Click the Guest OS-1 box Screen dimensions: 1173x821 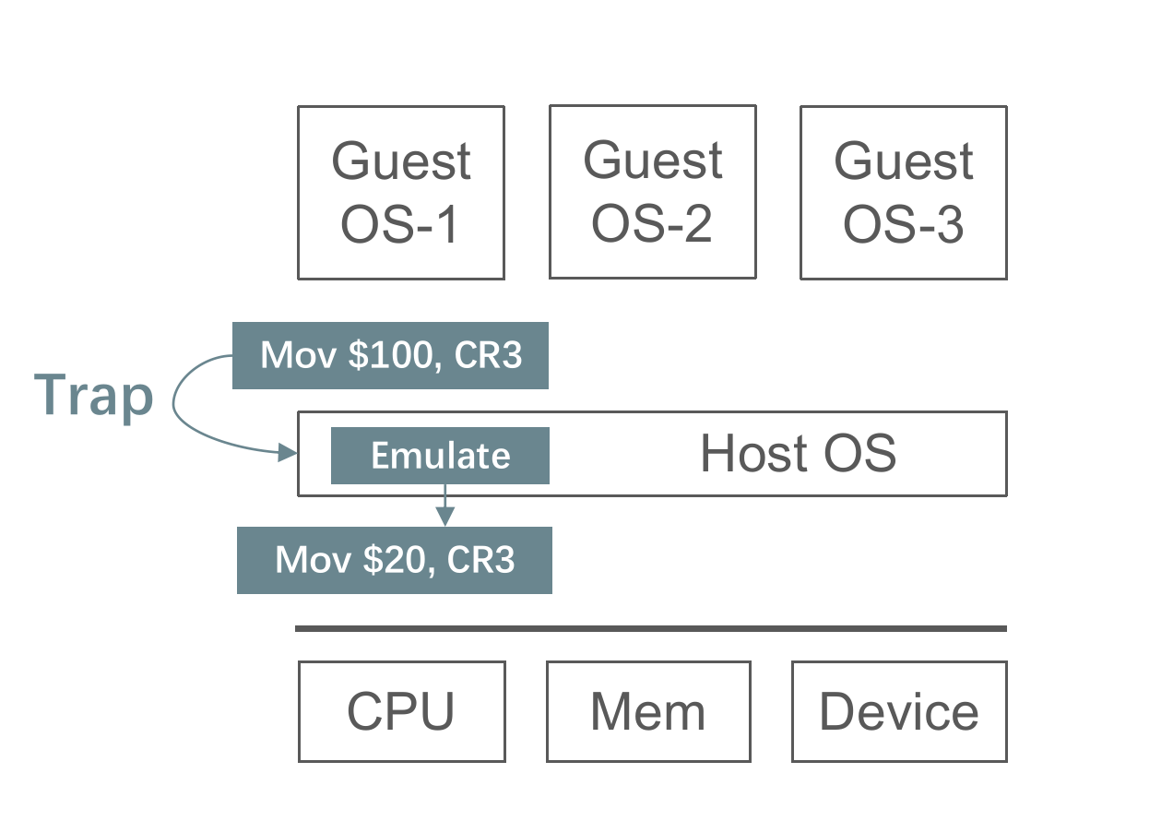tap(401, 193)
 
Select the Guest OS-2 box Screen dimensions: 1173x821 tap(653, 192)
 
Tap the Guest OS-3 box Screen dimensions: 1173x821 tap(904, 193)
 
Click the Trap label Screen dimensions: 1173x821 tap(93, 395)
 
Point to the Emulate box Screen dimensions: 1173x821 tap(440, 456)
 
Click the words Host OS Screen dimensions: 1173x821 tap(798, 453)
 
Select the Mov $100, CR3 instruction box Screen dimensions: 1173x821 tap(390, 355)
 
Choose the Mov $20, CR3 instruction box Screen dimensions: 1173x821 tap(395, 560)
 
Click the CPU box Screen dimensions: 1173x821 tap(402, 711)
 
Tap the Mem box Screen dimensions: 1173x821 tap(648, 711)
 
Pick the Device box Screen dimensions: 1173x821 tap(899, 711)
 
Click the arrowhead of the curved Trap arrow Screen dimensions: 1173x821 tap(288, 453)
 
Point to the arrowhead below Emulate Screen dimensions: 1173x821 tap(445, 517)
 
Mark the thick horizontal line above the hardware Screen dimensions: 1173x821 tap(651, 629)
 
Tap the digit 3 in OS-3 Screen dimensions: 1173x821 tap(950, 225)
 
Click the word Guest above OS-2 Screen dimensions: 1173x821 tap(653, 160)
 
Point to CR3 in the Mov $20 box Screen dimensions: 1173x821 tap(480, 560)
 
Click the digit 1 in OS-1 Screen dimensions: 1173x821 tap(448, 225)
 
